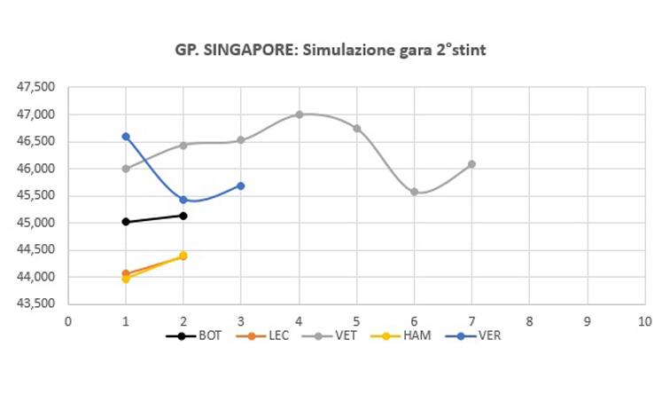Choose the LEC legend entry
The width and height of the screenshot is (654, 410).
273,335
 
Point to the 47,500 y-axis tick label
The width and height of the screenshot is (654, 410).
36,87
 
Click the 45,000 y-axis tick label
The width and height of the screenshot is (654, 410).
36,223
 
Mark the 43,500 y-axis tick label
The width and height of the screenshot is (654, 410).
36,304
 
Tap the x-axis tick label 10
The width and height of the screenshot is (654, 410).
643,320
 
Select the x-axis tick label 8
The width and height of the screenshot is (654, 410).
529,320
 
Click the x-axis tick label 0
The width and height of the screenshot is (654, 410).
68,320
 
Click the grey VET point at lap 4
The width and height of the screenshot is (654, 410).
299,114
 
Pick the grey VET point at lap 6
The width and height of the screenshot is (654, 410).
414,192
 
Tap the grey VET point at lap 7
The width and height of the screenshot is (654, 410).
471,164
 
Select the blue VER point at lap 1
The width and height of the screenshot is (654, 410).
126,137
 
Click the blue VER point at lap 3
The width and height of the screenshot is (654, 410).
241,185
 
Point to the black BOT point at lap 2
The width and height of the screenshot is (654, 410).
183,216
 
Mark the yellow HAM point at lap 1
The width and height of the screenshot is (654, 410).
126,279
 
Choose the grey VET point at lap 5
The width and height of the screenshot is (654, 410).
356,128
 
